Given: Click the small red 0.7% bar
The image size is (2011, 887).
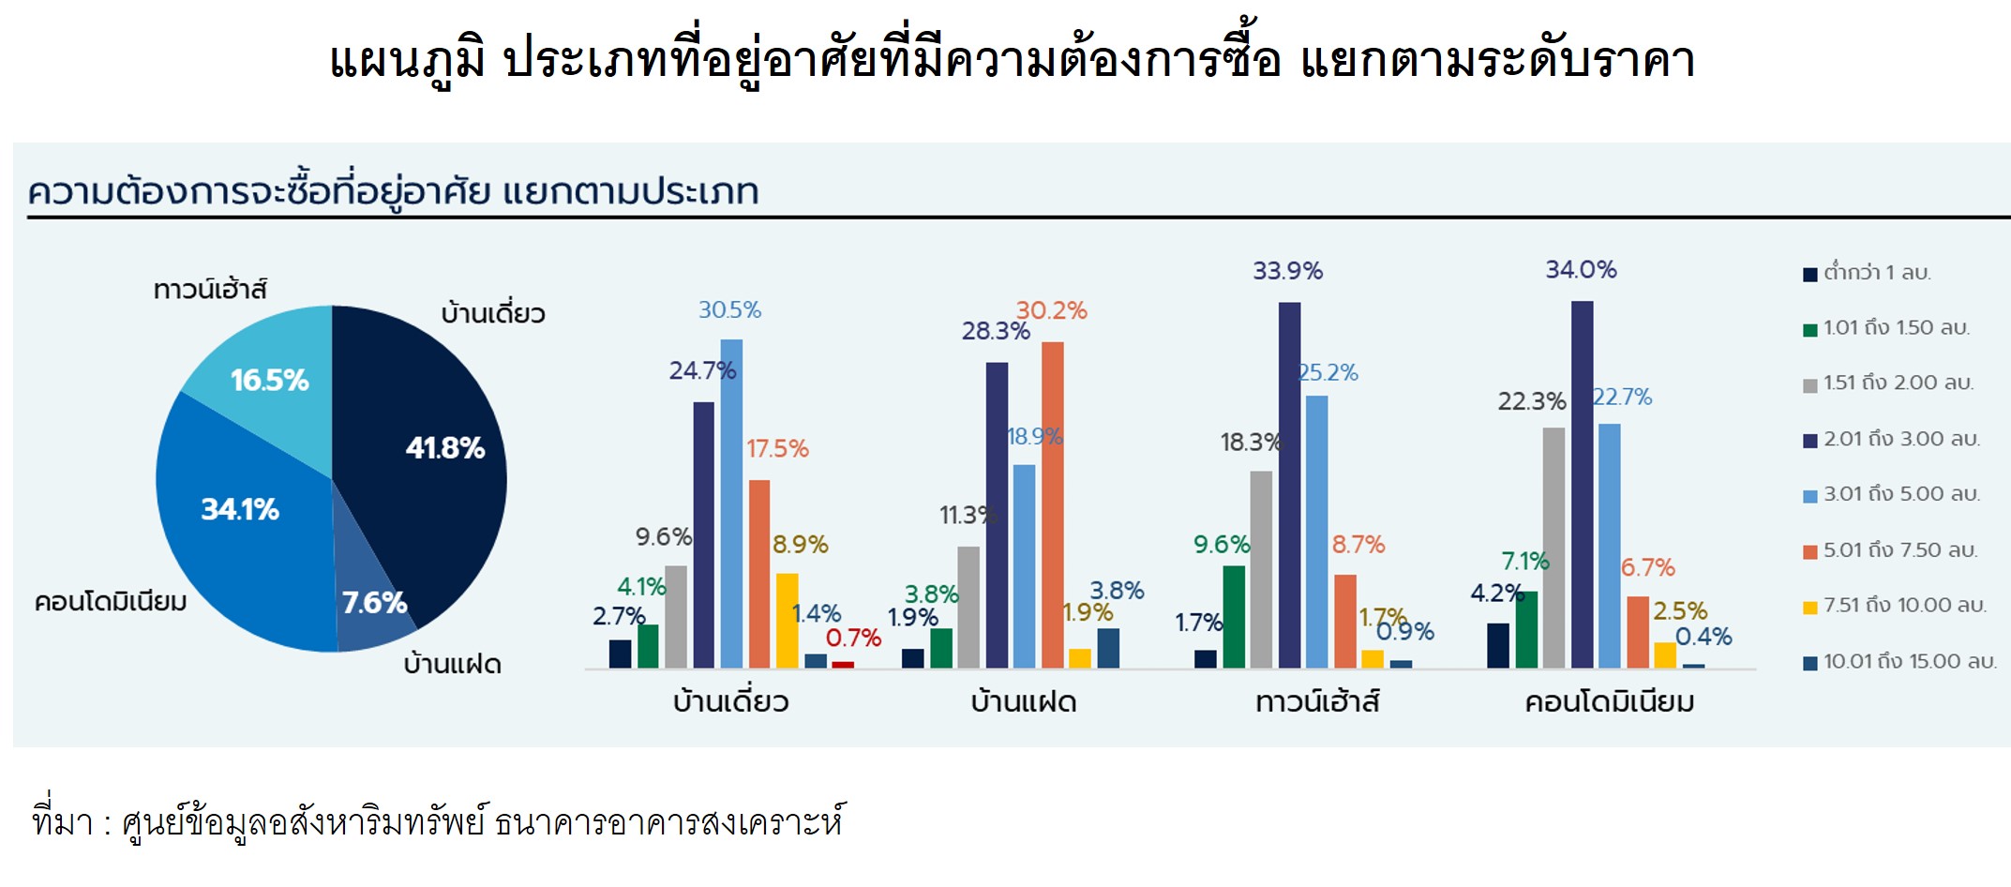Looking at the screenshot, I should (843, 665).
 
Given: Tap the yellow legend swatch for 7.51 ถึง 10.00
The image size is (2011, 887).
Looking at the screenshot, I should (1810, 608).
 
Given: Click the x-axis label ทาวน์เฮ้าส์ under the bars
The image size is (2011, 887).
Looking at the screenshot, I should (1317, 702).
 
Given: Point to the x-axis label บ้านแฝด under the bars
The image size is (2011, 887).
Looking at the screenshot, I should (1024, 702).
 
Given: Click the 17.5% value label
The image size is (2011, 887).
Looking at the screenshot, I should (777, 449).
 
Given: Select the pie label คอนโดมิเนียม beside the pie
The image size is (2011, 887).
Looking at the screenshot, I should (111, 602).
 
